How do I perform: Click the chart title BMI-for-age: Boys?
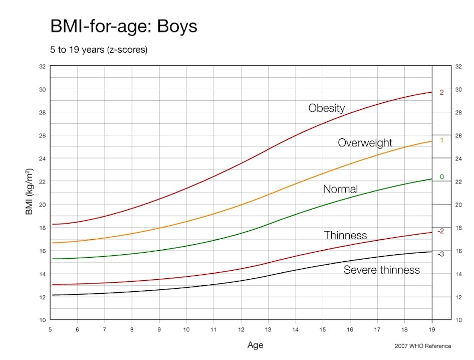click(x=124, y=26)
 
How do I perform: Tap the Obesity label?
click(x=326, y=108)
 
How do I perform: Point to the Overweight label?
click(x=365, y=143)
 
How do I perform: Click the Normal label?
click(x=340, y=189)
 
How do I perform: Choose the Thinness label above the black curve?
click(x=345, y=235)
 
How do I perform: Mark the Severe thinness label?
click(x=381, y=270)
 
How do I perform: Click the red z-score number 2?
click(x=441, y=93)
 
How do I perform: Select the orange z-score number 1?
click(x=441, y=140)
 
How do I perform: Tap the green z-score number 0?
click(x=441, y=177)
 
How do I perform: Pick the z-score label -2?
click(x=440, y=231)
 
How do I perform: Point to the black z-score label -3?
click(x=440, y=254)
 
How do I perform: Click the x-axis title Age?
click(x=255, y=345)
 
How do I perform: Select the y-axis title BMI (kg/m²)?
click(x=29, y=192)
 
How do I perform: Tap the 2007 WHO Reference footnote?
click(x=423, y=346)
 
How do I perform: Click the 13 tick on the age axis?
click(x=268, y=329)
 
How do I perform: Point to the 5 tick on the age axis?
click(x=50, y=329)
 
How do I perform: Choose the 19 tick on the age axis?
click(x=431, y=329)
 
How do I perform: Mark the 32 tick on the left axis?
click(x=42, y=66)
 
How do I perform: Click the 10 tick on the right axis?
click(x=458, y=320)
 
